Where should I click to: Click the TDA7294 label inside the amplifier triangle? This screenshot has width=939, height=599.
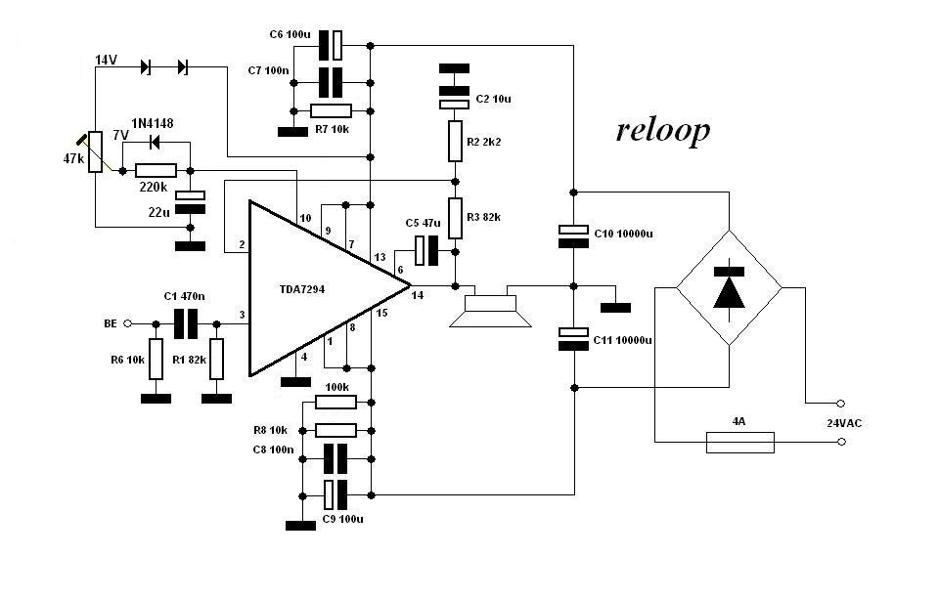pyautogui.click(x=312, y=291)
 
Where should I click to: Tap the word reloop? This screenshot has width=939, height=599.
pyautogui.click(x=663, y=130)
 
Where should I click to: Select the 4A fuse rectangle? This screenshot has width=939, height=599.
pyautogui.click(x=739, y=442)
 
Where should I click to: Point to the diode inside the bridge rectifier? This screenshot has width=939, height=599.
pyautogui.click(x=729, y=286)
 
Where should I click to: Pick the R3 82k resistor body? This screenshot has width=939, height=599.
pyautogui.click(x=455, y=215)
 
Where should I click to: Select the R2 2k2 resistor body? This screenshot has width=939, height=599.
pyautogui.click(x=455, y=141)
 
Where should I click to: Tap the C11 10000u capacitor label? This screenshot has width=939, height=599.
pyautogui.click(x=624, y=338)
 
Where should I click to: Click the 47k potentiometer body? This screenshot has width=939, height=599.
pyautogui.click(x=95, y=151)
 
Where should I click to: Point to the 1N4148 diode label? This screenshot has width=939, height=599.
pyautogui.click(x=154, y=123)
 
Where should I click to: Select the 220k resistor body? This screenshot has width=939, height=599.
pyautogui.click(x=156, y=170)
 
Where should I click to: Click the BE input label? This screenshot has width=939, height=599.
pyautogui.click(x=111, y=322)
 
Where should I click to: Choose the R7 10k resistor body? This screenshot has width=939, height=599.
pyautogui.click(x=331, y=110)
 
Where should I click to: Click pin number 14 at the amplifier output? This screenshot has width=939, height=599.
pyautogui.click(x=419, y=294)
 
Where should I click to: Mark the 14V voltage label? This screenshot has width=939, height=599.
pyautogui.click(x=107, y=61)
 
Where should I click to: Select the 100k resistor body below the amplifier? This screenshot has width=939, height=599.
pyautogui.click(x=336, y=402)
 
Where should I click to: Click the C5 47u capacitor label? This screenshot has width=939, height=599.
pyautogui.click(x=423, y=223)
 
